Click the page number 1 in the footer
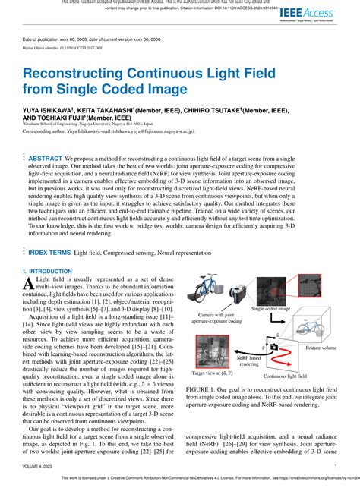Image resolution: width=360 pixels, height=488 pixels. pos(335,467)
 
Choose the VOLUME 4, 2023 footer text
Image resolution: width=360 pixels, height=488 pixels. pos(40,467)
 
